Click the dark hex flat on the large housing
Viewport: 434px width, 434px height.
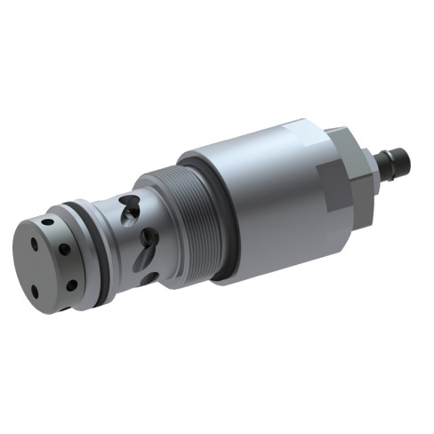[x=335, y=187]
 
